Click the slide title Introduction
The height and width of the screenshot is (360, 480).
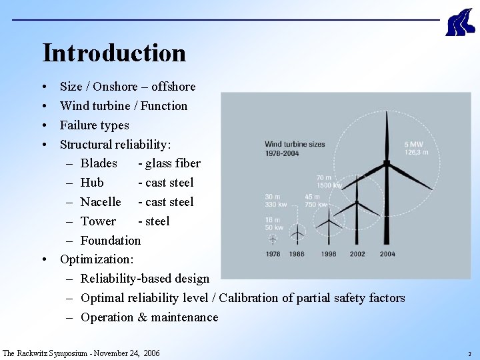click(114, 53)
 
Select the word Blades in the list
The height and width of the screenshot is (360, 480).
click(99, 163)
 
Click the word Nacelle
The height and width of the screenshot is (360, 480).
click(101, 202)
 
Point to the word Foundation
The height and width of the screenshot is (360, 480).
click(111, 241)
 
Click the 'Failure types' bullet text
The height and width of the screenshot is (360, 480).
click(95, 125)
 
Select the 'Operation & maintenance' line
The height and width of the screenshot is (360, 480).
click(149, 317)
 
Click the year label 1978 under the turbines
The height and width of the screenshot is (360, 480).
click(273, 254)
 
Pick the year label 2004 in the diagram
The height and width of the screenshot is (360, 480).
click(387, 254)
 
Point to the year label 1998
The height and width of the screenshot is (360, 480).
click(328, 254)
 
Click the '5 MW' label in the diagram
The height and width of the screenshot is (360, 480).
click(413, 145)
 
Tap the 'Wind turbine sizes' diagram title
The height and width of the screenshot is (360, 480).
click(295, 144)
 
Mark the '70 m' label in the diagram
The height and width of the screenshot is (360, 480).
click(324, 178)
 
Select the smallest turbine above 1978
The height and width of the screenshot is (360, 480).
click(272, 238)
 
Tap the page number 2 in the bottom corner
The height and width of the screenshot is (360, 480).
click(469, 354)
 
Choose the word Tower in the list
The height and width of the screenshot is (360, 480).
click(98, 221)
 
